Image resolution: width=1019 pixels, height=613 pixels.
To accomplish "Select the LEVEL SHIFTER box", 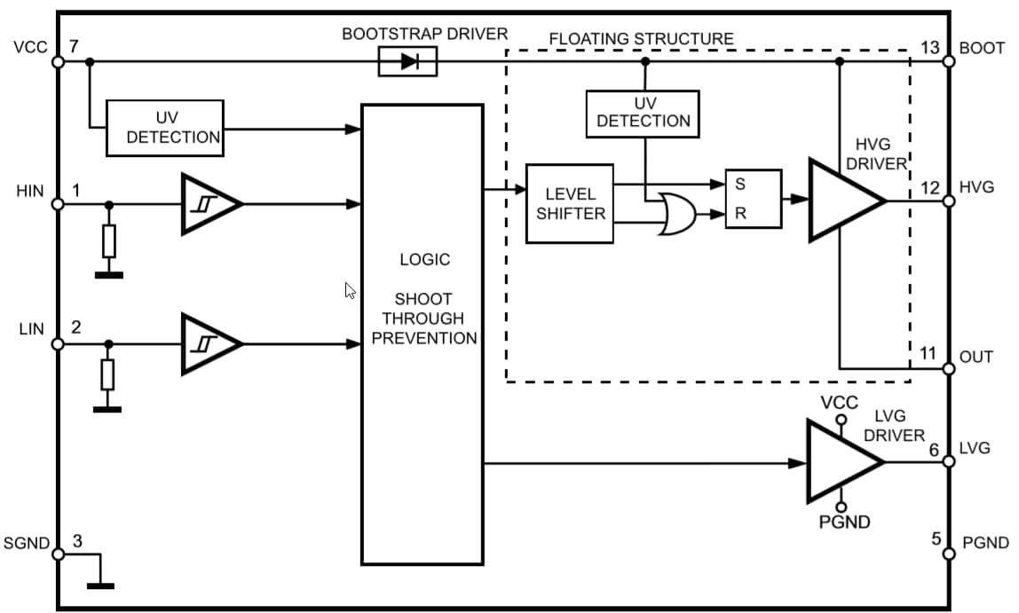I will coord(570,204).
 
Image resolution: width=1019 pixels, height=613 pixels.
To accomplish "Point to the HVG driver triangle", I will coord(844,200).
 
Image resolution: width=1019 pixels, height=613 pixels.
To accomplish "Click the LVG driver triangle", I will coord(842,461).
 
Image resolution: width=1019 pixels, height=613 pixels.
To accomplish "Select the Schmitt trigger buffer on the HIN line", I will coord(210,204).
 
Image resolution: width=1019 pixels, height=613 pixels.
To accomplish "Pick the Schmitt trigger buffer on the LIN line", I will coord(210,343).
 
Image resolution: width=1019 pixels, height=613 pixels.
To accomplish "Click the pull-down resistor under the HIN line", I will coord(109,240).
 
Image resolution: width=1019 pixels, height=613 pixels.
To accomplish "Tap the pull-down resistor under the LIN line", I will coord(107,375).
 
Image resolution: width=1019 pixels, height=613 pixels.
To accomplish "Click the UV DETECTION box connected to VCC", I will coord(165,128).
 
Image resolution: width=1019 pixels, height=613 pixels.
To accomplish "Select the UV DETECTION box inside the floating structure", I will coord(643,114).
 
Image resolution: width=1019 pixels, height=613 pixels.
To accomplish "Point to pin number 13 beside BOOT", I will coord(929,48).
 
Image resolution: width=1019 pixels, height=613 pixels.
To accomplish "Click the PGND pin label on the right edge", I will coord(985,543).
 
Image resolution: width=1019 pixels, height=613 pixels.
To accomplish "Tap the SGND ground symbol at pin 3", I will coord(100,584).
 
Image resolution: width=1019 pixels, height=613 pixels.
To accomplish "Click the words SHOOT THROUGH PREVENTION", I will coord(423,318).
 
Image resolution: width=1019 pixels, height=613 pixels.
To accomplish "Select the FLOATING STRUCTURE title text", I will coord(641,39).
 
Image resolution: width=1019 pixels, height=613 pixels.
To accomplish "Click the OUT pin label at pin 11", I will coord(976,358).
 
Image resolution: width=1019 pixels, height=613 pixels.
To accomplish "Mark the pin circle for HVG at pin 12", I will coord(948,200).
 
